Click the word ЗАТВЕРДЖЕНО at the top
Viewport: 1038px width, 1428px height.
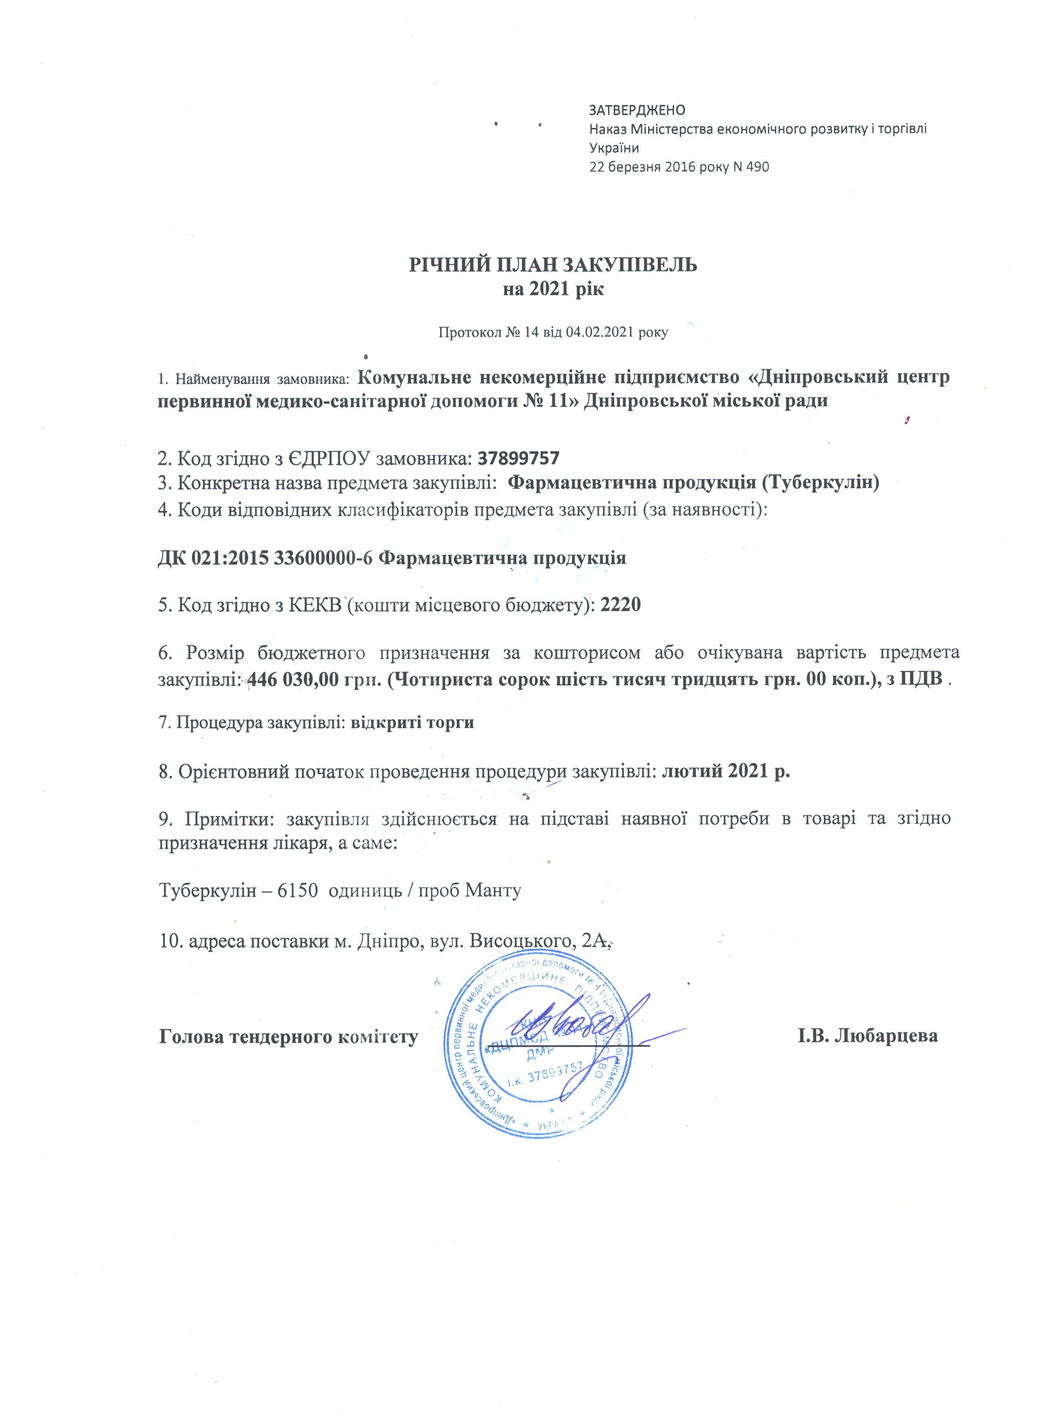636,110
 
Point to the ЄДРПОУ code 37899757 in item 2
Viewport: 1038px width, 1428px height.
519,457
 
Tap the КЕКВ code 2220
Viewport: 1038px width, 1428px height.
621,604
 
